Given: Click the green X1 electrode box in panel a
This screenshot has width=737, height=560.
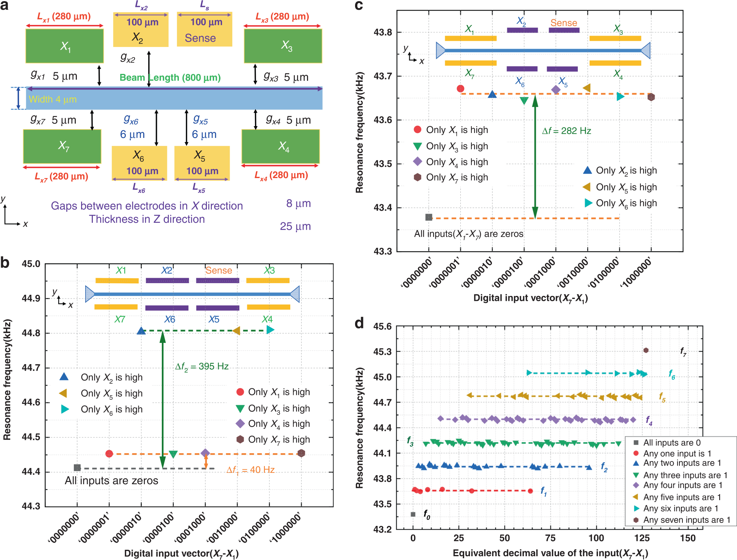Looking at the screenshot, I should coord(64,46).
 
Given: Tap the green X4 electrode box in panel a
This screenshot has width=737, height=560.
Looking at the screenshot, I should coord(281,146).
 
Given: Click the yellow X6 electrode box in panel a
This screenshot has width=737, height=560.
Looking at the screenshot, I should coord(139,163).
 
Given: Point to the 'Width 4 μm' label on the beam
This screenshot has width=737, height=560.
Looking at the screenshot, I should coord(53,99).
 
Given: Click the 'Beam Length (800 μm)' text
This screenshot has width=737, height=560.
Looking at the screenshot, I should coord(170,78).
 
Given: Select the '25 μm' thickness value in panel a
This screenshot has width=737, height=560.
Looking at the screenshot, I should coord(295,226).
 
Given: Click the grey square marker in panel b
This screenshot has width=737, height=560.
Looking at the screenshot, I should coord(77,468).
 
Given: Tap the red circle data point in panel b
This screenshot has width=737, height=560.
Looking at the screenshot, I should coord(109,454).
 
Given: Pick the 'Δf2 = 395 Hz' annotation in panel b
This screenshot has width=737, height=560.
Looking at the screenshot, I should coord(202,366).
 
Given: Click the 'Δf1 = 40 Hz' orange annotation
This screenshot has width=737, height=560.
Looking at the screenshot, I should coord(250,470).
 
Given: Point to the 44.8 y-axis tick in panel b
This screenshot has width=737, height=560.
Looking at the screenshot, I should coord(31,333).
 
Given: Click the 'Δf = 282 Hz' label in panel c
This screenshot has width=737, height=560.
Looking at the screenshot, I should coord(566,131).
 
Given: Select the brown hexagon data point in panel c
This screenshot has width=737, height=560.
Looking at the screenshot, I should coord(651,97).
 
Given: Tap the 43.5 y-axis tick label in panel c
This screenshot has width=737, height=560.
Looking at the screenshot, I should coord(383,164).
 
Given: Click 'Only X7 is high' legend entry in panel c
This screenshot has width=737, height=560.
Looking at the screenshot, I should coord(457,177).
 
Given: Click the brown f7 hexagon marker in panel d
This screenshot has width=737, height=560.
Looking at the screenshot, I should coord(646,350).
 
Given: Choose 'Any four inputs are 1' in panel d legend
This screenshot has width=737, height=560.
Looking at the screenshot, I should coord(682,485).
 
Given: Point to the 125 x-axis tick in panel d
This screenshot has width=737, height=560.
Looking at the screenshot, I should coord(642,538).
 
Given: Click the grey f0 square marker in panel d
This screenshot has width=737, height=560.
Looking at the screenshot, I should coord(413,514).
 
